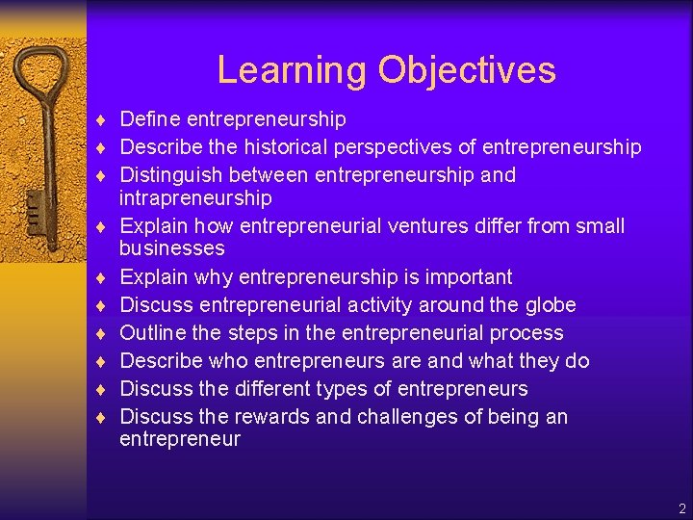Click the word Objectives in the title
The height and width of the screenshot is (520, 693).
pos(467,70)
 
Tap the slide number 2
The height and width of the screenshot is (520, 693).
pos(680,508)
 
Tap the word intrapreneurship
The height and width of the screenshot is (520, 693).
pos(195,198)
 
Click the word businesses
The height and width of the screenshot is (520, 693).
pos(171,248)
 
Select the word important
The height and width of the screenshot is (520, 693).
pos(466,277)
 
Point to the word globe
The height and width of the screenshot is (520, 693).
pos(548,305)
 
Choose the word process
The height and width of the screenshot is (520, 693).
pos(526,333)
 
